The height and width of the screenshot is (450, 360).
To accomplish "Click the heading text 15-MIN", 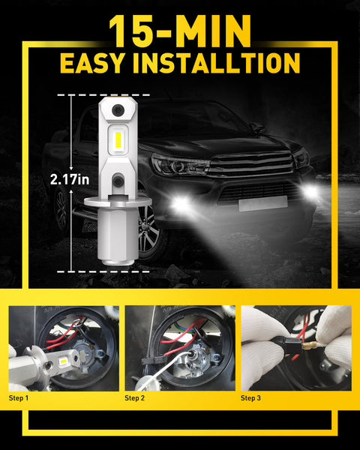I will tap(180, 31).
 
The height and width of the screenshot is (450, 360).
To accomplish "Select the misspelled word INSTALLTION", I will tap(223, 63).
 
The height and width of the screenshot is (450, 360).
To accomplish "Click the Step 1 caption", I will tap(18, 397).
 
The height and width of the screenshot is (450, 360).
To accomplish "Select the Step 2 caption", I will tap(136, 397).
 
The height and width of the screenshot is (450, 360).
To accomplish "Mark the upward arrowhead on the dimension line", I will tap(71, 97).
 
